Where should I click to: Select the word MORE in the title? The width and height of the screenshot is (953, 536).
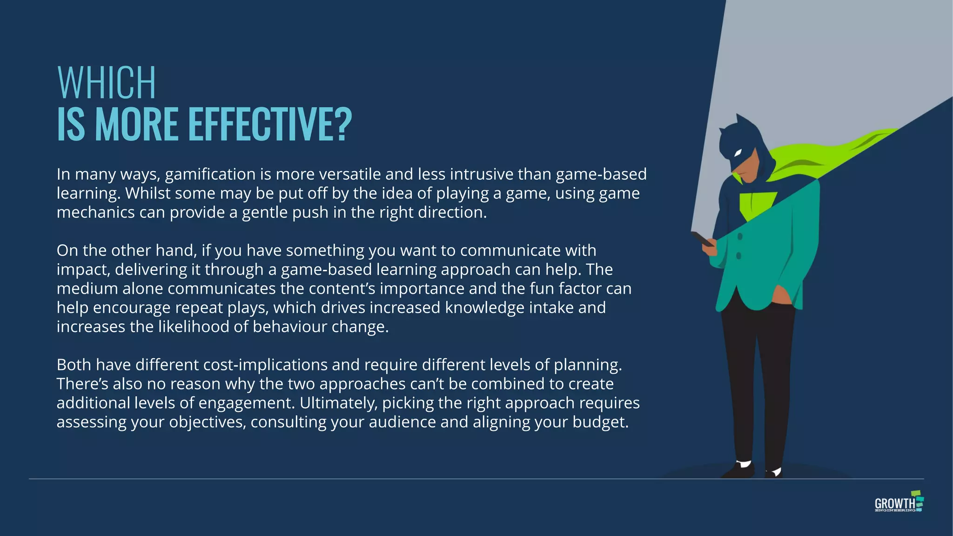click(x=136, y=124)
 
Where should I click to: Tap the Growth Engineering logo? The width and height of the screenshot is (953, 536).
click(x=899, y=502)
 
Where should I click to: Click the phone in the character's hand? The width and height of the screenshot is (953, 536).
click(x=702, y=239)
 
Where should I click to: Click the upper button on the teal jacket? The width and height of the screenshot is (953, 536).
click(x=740, y=237)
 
